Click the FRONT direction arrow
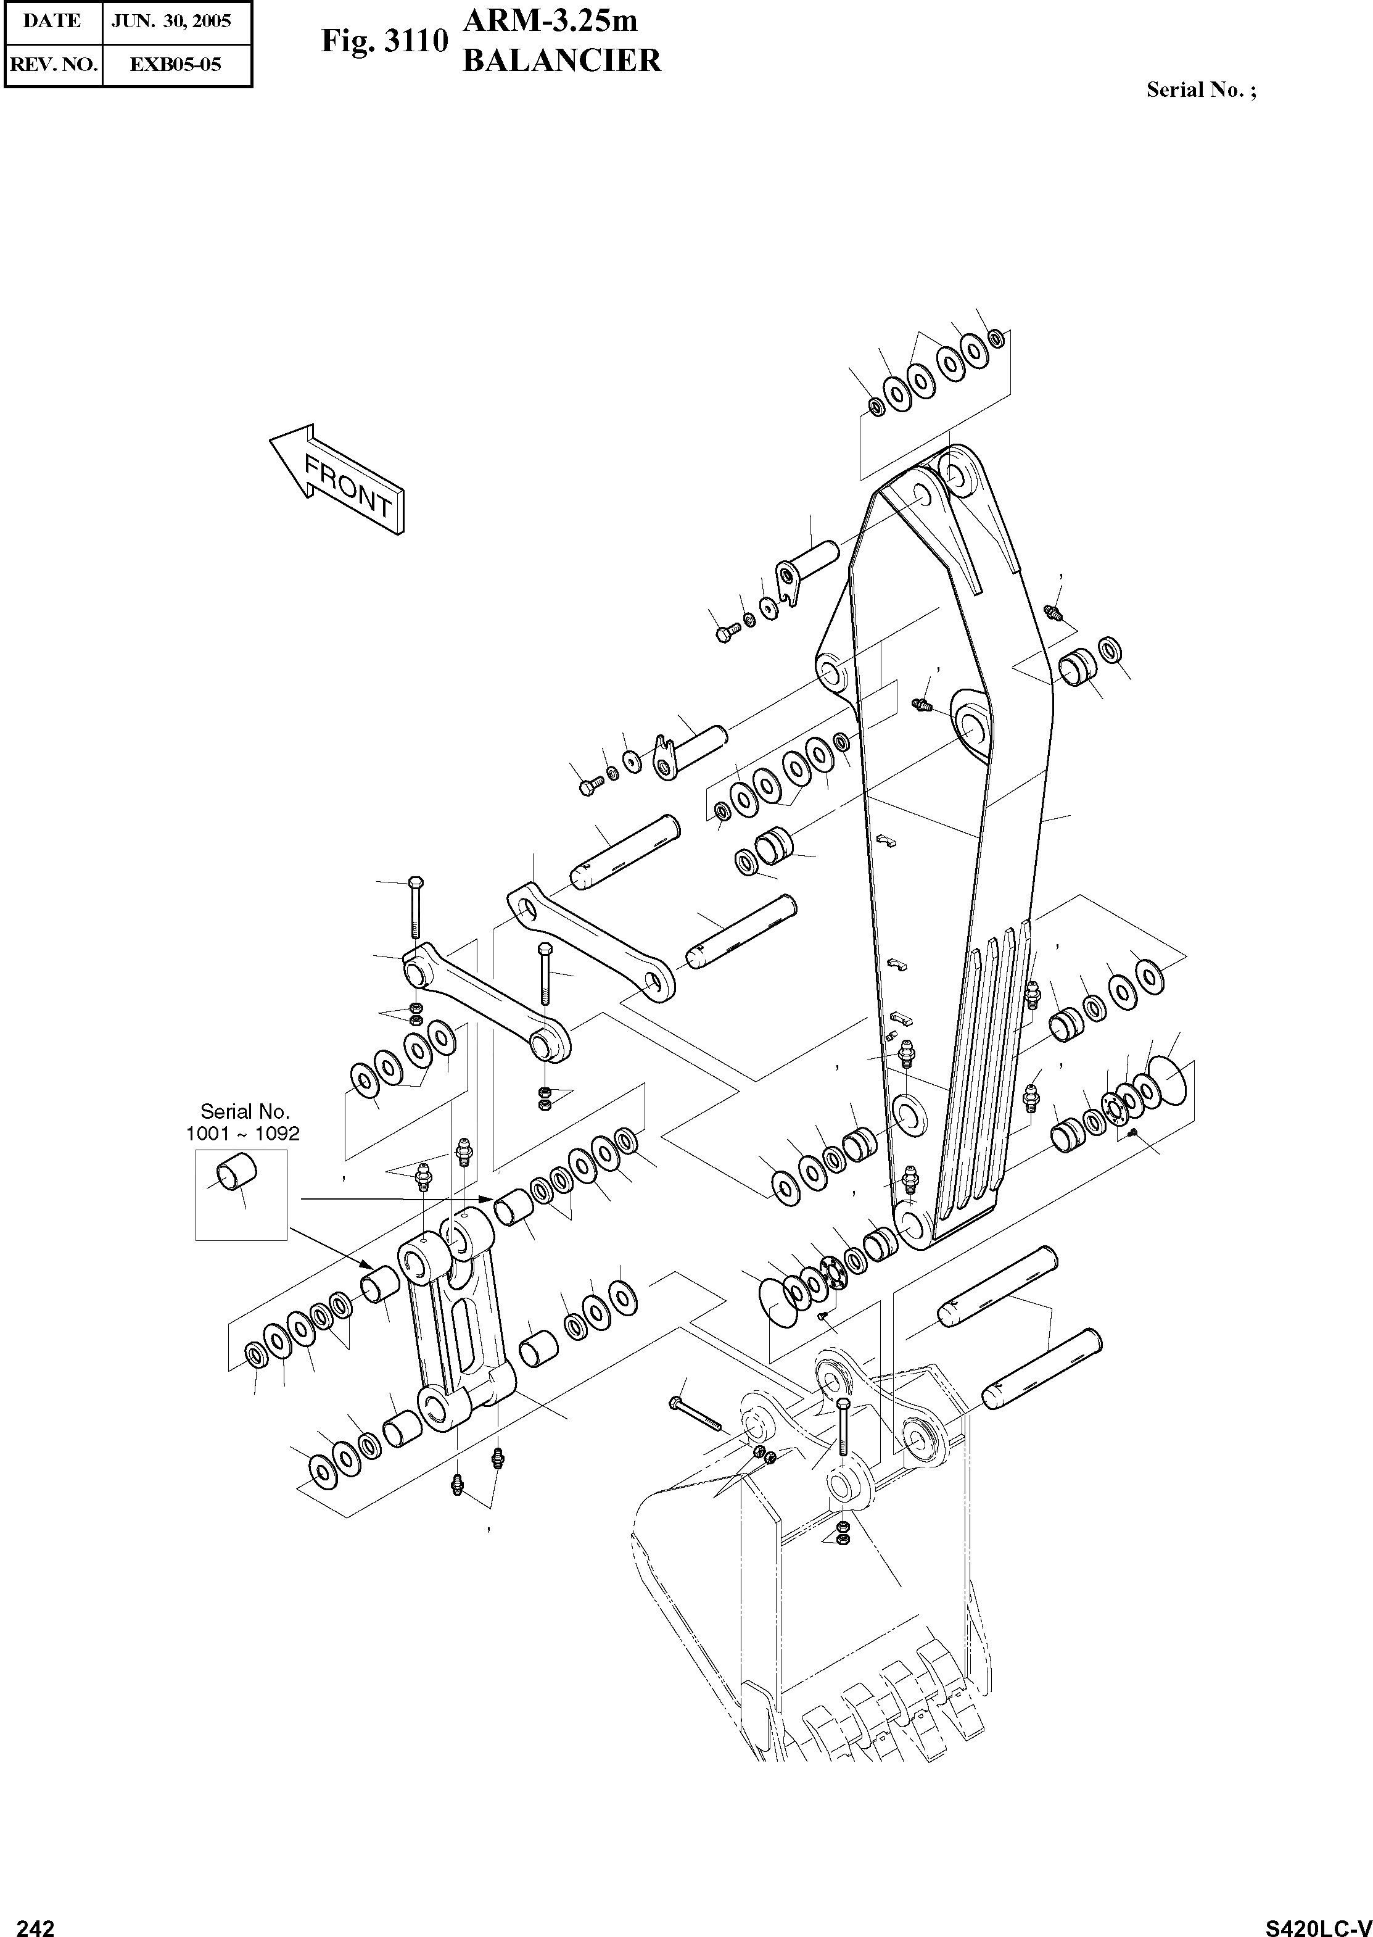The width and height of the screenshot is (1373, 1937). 337,479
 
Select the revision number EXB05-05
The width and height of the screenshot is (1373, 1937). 176,64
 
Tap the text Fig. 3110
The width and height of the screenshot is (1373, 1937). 383,41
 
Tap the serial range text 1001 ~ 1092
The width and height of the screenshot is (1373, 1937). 242,1134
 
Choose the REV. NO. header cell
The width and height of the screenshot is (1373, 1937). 52,64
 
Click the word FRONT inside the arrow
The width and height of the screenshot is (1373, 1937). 348,486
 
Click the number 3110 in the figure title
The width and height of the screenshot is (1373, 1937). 414,41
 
